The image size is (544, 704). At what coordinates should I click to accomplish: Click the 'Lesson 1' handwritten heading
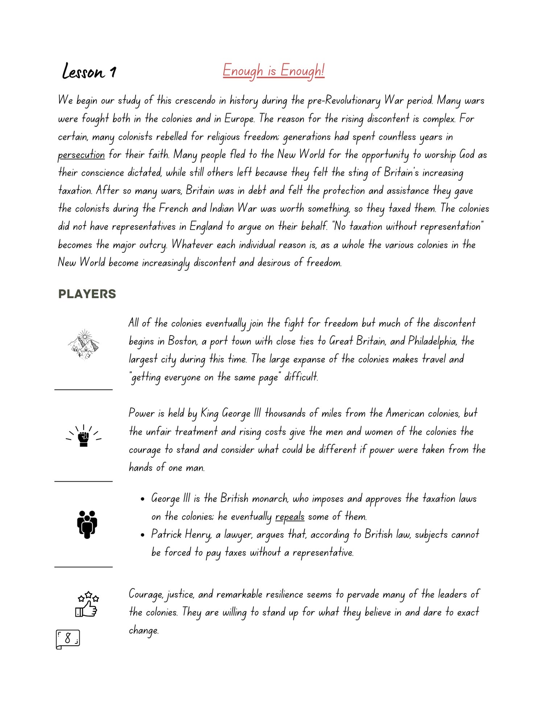(x=89, y=71)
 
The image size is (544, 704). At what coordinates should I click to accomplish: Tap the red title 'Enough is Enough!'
(x=273, y=70)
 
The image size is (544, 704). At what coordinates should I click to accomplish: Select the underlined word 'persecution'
(x=81, y=155)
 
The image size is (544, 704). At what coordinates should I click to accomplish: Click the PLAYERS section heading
(x=87, y=294)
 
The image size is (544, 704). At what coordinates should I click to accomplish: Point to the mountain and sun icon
(x=84, y=344)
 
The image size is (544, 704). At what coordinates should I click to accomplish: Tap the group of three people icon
(x=87, y=524)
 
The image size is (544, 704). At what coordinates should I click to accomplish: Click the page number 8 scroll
(x=68, y=639)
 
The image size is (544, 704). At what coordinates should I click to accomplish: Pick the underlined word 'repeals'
(x=290, y=516)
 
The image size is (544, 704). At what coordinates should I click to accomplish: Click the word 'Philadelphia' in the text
(x=432, y=341)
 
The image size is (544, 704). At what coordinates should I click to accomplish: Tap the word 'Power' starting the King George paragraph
(x=141, y=413)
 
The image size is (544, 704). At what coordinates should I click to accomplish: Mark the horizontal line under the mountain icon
(x=83, y=390)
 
